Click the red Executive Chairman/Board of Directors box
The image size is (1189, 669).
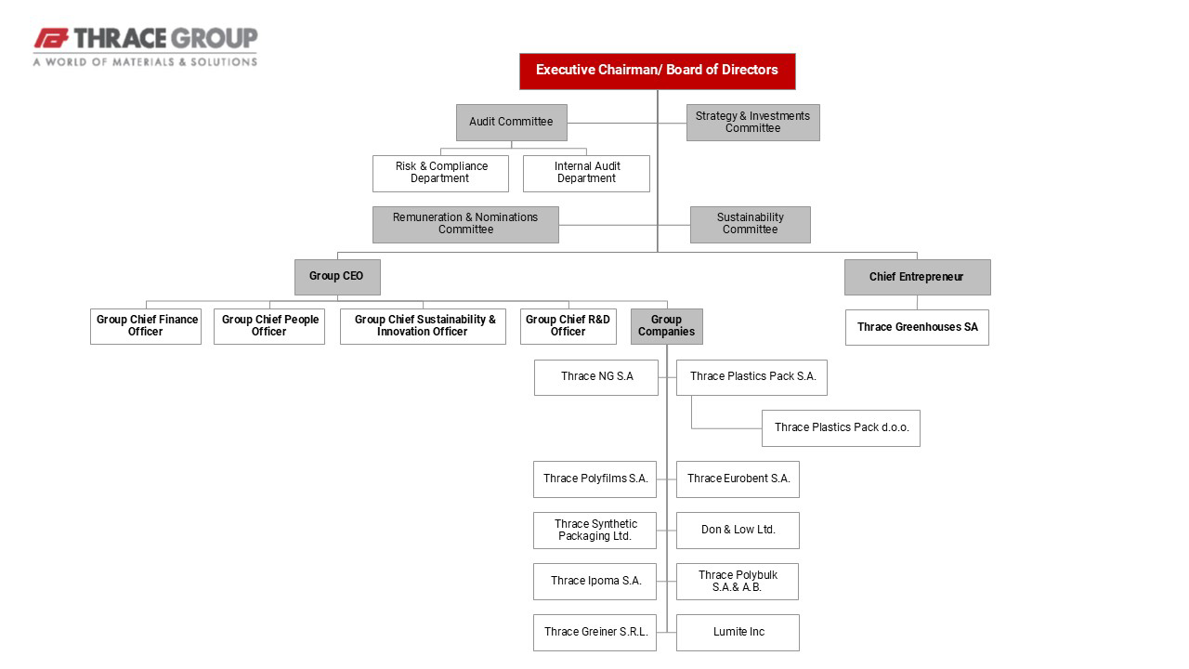pos(657,72)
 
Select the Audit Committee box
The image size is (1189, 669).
pos(512,123)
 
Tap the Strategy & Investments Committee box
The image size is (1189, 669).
pos(753,123)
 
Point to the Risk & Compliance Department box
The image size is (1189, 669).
pos(440,174)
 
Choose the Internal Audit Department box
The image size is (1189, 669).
pos(586,174)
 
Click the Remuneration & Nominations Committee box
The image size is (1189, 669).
pos(465,225)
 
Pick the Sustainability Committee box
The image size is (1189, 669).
pos(751,225)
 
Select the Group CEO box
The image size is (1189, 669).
pos(337,277)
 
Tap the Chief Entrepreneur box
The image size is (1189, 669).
pos(918,277)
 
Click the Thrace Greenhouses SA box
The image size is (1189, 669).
pos(917,328)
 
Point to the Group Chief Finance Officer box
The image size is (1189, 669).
pos(146,326)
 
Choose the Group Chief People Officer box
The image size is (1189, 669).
pos(269,326)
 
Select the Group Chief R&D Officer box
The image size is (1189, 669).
pos(568,326)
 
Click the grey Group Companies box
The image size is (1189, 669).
pos(667,326)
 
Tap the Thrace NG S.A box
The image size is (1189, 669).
pos(596,377)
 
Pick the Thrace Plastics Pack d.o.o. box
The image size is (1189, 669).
pos(842,428)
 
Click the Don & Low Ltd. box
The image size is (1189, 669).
pos(738,531)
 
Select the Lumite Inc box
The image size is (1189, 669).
pos(738,633)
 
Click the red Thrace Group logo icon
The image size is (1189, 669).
pos(51,39)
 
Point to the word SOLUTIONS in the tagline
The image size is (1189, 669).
pos(224,62)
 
